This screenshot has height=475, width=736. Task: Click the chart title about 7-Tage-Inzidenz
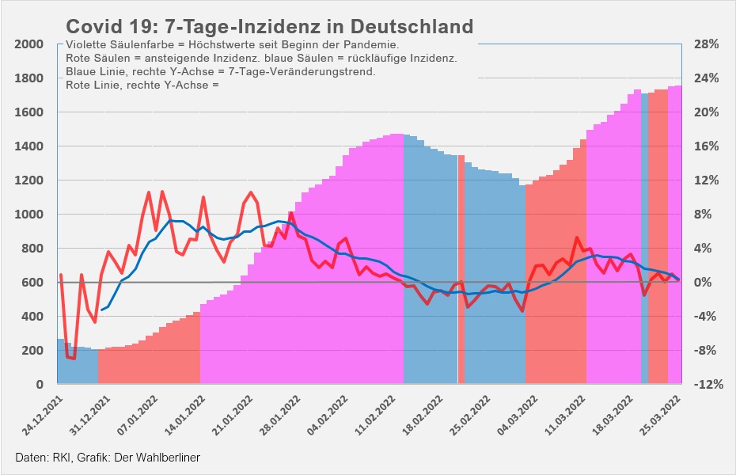(x=269, y=26)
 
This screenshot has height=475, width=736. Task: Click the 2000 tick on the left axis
(x=28, y=44)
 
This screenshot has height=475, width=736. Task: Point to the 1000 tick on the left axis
(x=28, y=215)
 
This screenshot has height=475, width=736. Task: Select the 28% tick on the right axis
(x=706, y=44)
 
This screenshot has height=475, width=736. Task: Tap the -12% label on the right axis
(x=706, y=385)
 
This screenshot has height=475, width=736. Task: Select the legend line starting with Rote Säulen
(x=261, y=59)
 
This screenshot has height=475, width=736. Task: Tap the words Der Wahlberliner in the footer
(x=157, y=458)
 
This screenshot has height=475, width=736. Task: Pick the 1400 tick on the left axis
(x=28, y=146)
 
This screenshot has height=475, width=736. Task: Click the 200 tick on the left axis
(x=32, y=351)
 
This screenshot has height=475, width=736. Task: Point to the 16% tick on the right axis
(x=706, y=146)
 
